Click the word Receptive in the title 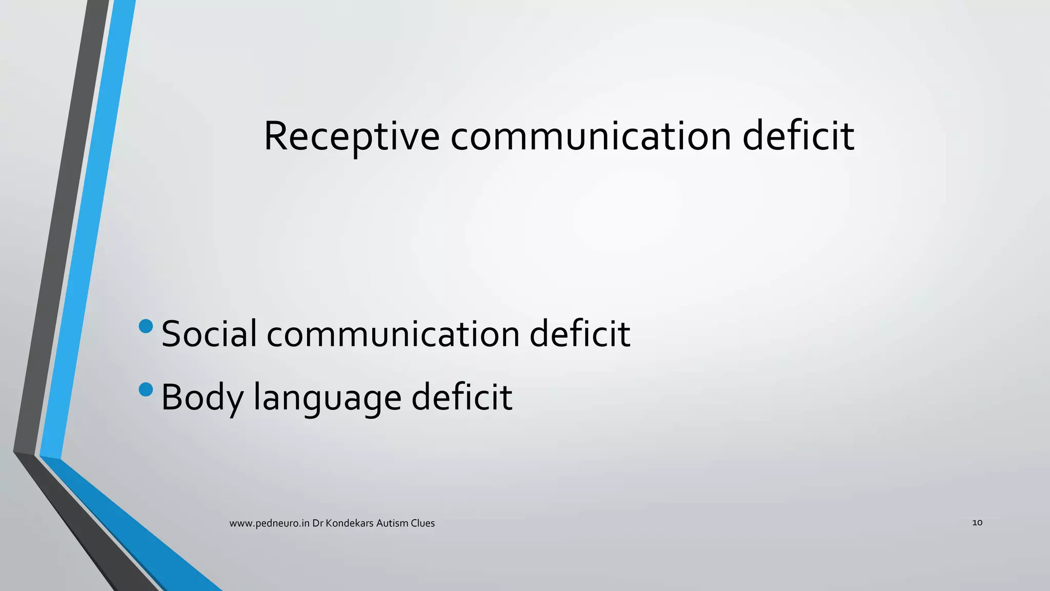pyautogui.click(x=351, y=136)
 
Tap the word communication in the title pyautogui.click(x=591, y=136)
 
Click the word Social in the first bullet pyautogui.click(x=209, y=334)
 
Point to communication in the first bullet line pyautogui.click(x=393, y=334)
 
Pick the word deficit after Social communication pyautogui.click(x=579, y=334)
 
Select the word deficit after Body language pyautogui.click(x=461, y=397)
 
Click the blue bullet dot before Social pyautogui.click(x=146, y=326)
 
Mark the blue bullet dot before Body pyautogui.click(x=146, y=389)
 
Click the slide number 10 pyautogui.click(x=977, y=523)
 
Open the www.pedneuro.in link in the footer pyautogui.click(x=269, y=523)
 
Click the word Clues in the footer pyautogui.click(x=423, y=523)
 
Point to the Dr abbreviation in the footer pyautogui.click(x=317, y=523)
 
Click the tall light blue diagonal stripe pyautogui.click(x=87, y=231)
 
